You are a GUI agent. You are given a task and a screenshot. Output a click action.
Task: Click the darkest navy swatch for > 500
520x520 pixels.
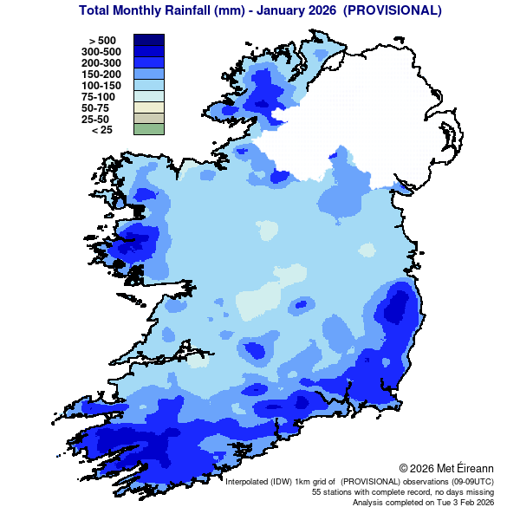pos(148,40)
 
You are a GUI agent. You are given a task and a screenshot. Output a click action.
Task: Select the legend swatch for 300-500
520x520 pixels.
pos(148,51)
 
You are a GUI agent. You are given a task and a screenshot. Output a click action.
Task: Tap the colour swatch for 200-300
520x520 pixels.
pos(148,62)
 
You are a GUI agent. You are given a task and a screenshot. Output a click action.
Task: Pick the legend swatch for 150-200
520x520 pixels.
pos(148,74)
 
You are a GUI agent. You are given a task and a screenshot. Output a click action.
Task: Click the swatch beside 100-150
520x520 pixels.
pos(148,85)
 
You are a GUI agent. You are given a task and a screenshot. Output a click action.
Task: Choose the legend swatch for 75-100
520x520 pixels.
pos(148,96)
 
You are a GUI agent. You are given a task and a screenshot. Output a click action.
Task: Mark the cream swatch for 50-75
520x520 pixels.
pos(148,107)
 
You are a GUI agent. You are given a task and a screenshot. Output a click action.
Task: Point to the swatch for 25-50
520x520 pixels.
pos(148,119)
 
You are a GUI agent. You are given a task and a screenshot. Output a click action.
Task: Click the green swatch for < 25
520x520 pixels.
pos(148,130)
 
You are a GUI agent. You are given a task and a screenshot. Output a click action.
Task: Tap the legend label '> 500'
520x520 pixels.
pos(102,41)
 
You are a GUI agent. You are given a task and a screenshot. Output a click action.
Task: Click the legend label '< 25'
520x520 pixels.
pos(101,130)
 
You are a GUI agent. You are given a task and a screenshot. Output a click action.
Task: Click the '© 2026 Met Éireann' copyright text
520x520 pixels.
pos(446,468)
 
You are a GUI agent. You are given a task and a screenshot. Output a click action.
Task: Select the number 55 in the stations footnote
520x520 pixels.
pos(317,491)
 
